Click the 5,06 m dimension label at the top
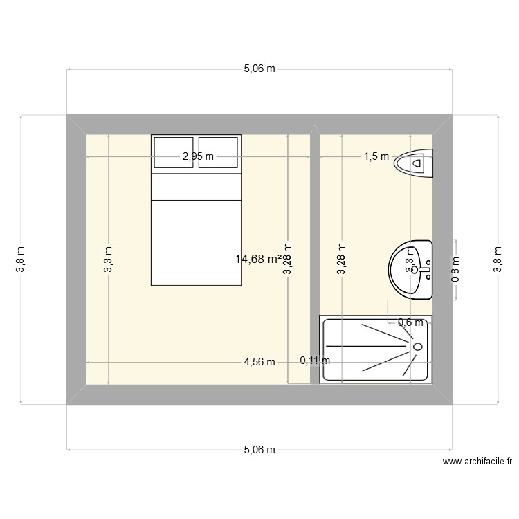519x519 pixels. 259,69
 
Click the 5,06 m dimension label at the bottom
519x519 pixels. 259,450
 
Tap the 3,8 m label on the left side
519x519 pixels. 21,259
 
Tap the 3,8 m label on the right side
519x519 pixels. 496,259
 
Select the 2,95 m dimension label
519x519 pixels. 197,157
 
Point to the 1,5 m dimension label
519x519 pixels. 376,157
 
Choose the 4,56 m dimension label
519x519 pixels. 259,362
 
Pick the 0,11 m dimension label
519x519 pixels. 315,360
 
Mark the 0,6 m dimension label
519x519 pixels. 410,322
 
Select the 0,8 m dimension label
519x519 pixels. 455,270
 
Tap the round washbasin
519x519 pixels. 410,269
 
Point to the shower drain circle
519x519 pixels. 417,346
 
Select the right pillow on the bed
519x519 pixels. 215,152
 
